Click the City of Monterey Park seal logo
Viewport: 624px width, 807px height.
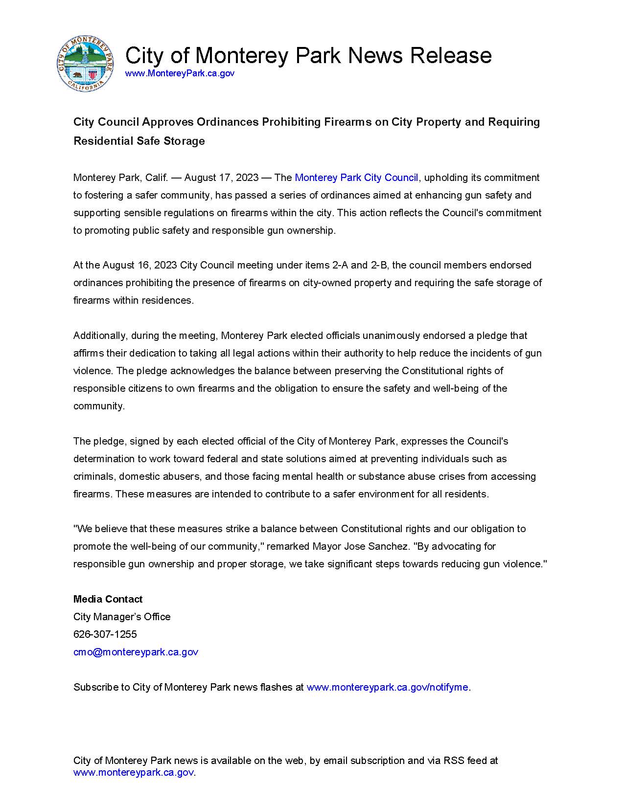pyautogui.click(x=85, y=64)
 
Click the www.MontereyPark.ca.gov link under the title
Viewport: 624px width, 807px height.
pyautogui.click(x=180, y=73)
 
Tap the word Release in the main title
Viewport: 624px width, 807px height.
pyautogui.click(x=451, y=55)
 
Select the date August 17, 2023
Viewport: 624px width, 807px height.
pyautogui.click(x=221, y=178)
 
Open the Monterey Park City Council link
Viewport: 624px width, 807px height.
pyautogui.click(x=356, y=178)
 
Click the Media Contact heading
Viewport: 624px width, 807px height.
pyautogui.click(x=108, y=599)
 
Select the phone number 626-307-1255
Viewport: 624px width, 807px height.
pyautogui.click(x=105, y=634)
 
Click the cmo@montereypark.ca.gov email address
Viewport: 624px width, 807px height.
pyautogui.click(x=136, y=652)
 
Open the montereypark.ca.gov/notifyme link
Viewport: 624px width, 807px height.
pyautogui.click(x=388, y=687)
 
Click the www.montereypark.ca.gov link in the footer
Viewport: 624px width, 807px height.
pyautogui.click(x=134, y=773)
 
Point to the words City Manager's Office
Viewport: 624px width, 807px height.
pyautogui.click(x=122, y=617)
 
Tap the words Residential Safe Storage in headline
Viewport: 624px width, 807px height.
pyautogui.click(x=139, y=141)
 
